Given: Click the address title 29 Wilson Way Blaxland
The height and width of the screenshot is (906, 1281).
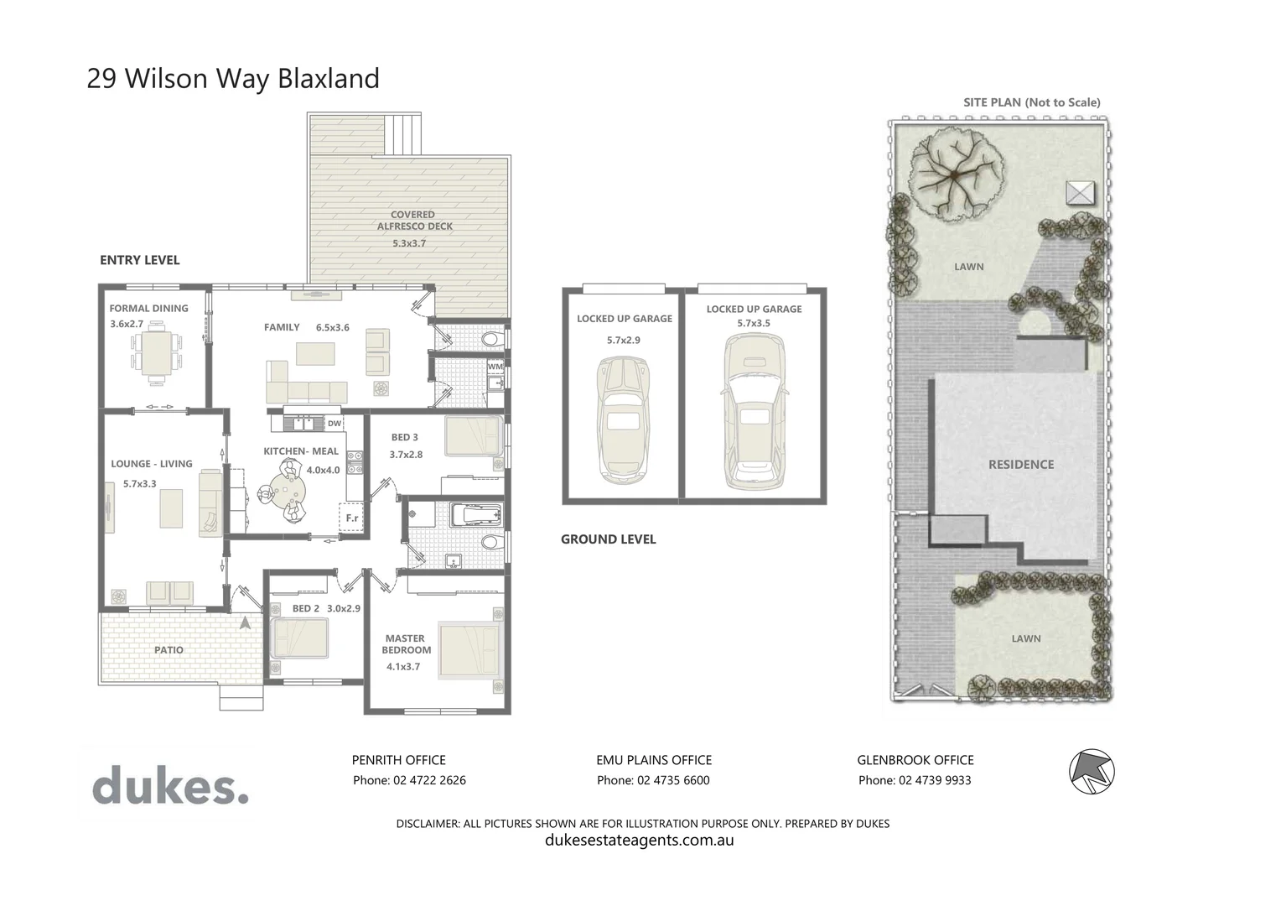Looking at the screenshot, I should point(233,78).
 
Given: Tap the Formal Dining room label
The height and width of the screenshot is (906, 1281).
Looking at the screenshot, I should point(148,308).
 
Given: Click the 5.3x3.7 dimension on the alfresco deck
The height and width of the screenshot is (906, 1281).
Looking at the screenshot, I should point(409,243).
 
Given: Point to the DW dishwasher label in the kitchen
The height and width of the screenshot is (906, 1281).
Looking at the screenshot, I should point(335,424).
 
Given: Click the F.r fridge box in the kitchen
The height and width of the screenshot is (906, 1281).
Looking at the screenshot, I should point(351,518).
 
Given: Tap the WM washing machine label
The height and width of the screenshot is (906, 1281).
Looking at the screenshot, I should point(495,367).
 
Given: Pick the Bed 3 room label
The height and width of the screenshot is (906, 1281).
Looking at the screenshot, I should point(404,437).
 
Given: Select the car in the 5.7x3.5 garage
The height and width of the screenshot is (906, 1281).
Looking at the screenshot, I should point(755,411).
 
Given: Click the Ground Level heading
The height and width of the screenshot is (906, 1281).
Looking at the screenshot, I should point(608,539).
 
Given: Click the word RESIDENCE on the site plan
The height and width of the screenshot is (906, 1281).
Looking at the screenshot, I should point(1020,464).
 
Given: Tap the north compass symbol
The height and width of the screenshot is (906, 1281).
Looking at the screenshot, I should point(1092,770).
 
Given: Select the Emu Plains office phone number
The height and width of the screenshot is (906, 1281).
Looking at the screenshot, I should point(653,780).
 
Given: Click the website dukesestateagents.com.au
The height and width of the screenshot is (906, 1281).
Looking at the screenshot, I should point(639,840).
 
